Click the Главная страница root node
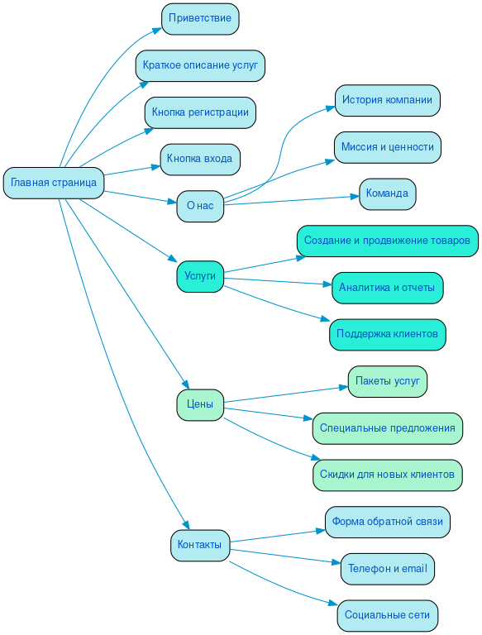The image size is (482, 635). click(x=54, y=183)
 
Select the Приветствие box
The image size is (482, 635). click(x=200, y=18)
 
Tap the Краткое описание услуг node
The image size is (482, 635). click(x=200, y=65)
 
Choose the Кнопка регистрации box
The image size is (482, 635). click(x=200, y=112)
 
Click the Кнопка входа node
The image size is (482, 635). click(x=200, y=159)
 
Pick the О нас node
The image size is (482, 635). click(x=200, y=206)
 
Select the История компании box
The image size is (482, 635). click(x=387, y=100)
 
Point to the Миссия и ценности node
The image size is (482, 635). click(x=387, y=147)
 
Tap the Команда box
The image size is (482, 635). click(x=387, y=193)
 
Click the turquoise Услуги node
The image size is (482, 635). click(x=200, y=276)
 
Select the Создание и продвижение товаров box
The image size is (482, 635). click(x=387, y=241)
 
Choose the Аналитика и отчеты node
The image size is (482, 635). click(x=387, y=288)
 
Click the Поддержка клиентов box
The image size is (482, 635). click(x=387, y=334)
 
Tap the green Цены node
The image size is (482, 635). click(x=200, y=405)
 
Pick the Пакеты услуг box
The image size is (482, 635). click(x=387, y=381)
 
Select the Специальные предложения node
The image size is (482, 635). click(x=387, y=428)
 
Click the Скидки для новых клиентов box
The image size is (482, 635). click(x=387, y=475)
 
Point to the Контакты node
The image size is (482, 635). click(x=200, y=545)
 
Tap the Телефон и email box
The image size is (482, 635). click(x=387, y=569)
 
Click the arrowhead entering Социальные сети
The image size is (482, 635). click(x=333, y=608)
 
